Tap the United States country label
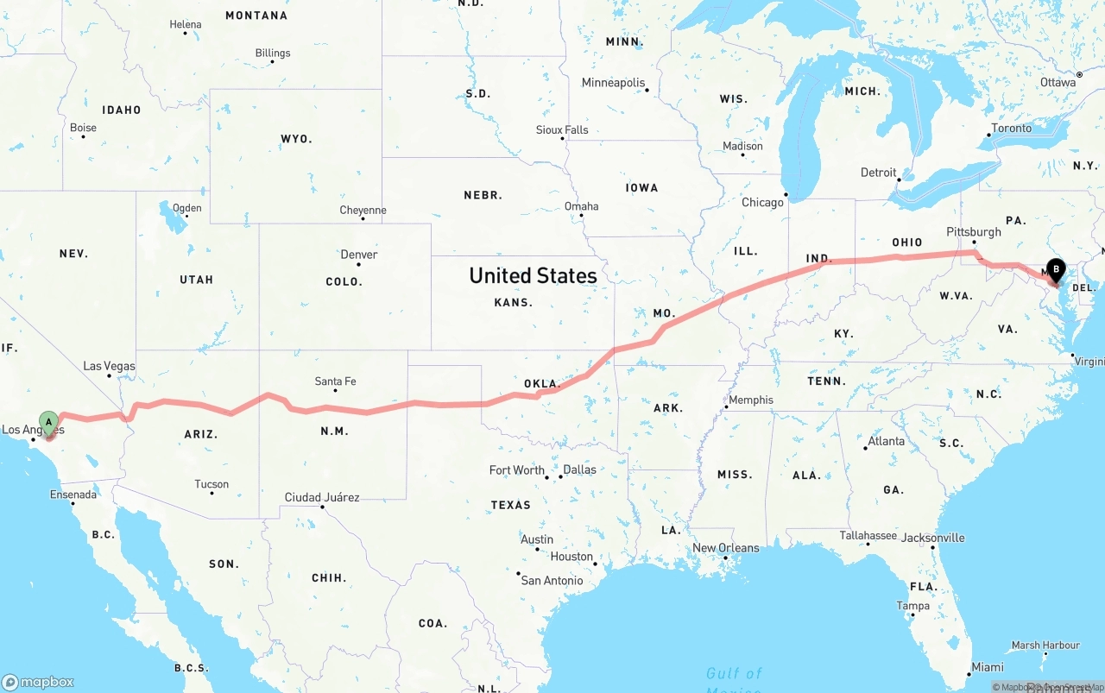point(533,275)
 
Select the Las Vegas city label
point(109,366)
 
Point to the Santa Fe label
point(335,381)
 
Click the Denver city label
point(358,255)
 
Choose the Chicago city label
point(762,203)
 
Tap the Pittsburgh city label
point(973,232)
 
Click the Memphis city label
point(751,400)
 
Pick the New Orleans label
point(725,548)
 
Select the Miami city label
point(987,667)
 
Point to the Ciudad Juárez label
point(322,497)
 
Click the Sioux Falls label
point(562,130)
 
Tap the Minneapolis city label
point(613,83)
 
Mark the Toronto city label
point(1011,129)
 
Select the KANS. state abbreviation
point(513,303)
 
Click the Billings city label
point(272,54)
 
